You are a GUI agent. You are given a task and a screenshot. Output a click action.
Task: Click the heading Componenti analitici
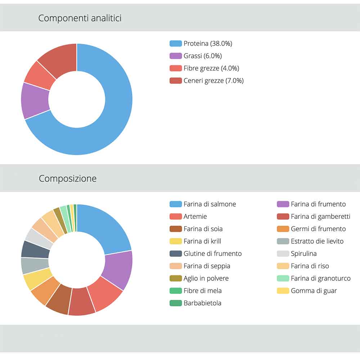(x=80, y=18)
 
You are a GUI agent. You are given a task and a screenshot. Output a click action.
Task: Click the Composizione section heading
(x=68, y=179)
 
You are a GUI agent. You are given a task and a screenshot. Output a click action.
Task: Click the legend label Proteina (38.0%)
(x=208, y=44)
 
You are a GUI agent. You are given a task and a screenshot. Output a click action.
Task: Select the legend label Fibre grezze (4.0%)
(x=211, y=68)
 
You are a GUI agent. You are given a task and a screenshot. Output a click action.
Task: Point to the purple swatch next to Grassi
(x=176, y=56)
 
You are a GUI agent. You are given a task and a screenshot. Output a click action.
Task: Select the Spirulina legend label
(x=303, y=253)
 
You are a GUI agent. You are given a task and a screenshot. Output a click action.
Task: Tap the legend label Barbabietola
(x=202, y=303)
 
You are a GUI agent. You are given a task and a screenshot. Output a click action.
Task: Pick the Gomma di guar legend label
(x=314, y=291)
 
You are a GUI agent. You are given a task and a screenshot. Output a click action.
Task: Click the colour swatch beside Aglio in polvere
(x=176, y=278)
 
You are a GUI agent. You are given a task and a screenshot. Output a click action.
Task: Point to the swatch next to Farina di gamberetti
(x=283, y=216)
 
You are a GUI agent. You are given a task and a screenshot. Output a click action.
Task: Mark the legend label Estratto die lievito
(x=317, y=241)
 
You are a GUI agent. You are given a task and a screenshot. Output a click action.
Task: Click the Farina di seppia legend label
(x=207, y=266)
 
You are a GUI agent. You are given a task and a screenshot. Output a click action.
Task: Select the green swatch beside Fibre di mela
(x=176, y=291)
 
